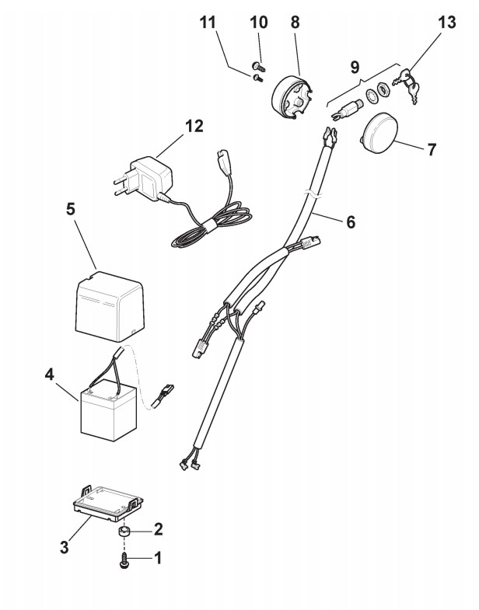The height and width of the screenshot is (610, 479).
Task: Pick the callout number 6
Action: click(x=350, y=221)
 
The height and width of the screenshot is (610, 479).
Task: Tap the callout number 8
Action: click(x=295, y=23)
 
